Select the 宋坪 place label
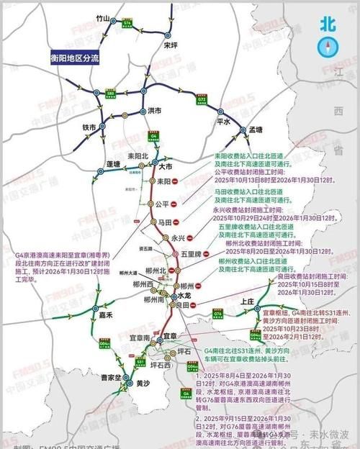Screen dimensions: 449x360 click(170, 45)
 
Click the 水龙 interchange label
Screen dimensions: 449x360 click(183, 295)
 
